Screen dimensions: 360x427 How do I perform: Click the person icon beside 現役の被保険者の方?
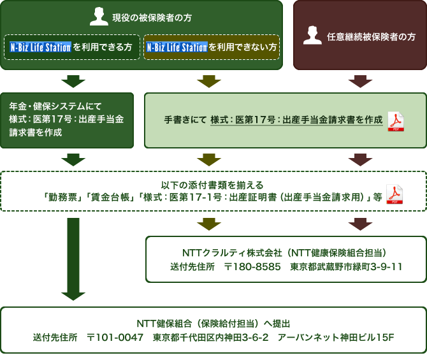99,17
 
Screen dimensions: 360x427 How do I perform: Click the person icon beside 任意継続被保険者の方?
312,36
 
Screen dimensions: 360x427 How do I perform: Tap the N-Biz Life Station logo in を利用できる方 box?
40,47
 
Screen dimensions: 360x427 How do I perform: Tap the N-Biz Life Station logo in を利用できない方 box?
177,47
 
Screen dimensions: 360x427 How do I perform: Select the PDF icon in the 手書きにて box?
396,120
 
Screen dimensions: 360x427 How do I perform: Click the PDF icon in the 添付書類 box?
395,194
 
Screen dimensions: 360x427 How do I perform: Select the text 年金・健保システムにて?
55,105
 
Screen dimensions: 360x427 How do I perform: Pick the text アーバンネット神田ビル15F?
336,337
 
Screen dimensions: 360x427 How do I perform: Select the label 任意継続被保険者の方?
370,37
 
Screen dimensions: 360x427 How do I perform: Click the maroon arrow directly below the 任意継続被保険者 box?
360,81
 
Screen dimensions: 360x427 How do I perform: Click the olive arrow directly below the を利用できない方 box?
209,81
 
